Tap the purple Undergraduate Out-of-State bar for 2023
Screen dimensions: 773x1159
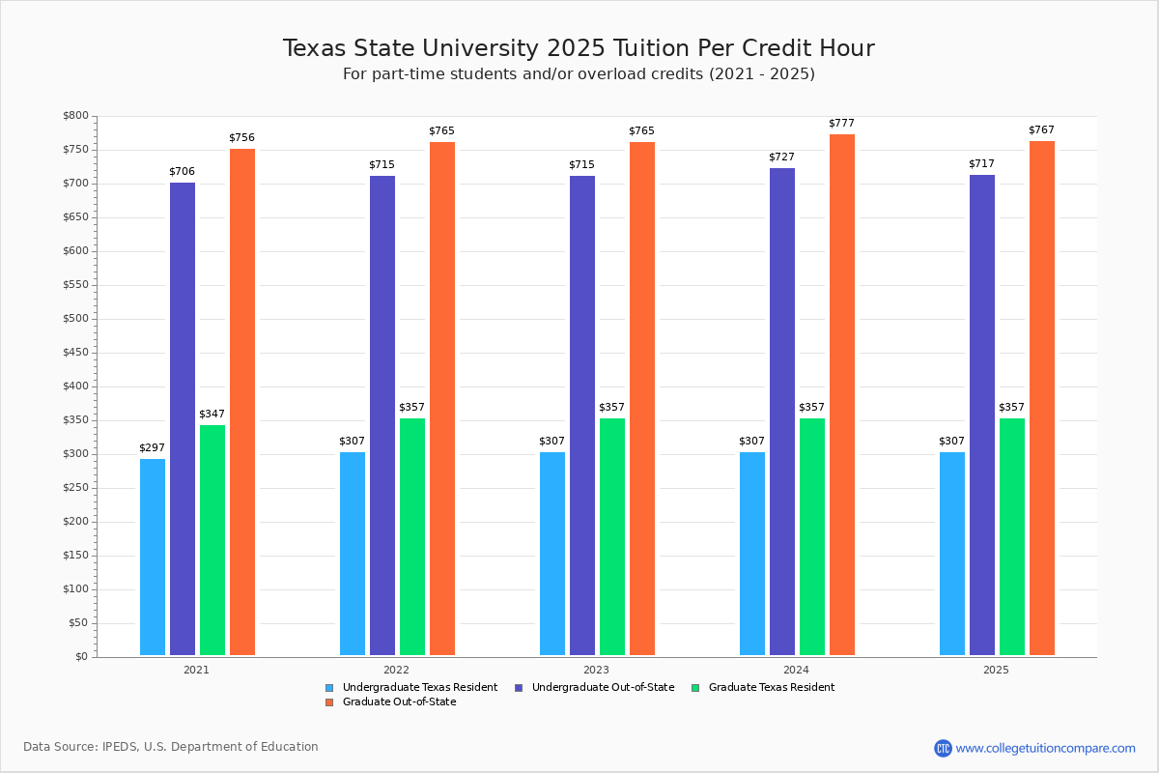tap(582, 415)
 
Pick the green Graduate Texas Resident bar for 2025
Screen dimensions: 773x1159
tap(1012, 536)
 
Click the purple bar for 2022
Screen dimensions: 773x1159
tap(382, 415)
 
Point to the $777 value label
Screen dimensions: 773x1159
tap(841, 124)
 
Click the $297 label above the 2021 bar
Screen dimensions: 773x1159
tap(153, 447)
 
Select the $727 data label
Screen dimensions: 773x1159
tap(781, 157)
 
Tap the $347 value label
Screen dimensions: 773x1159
tap(212, 414)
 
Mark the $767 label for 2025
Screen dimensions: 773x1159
tap(1041, 129)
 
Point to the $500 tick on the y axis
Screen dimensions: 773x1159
tap(74, 319)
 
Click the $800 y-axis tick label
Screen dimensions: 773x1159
tap(74, 116)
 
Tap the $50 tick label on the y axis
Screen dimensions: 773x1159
tap(77, 623)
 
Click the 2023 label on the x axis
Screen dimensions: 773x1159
tap(596, 670)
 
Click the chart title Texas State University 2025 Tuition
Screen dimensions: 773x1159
tap(579, 48)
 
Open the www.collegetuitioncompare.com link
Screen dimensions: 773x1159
tap(1045, 748)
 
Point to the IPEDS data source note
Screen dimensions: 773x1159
tap(171, 747)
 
